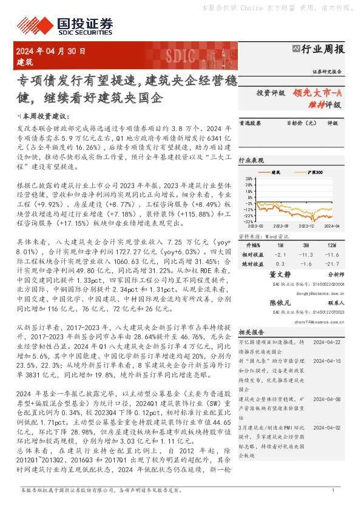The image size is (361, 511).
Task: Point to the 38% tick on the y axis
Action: (249, 179)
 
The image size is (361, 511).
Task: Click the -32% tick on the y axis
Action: (248, 222)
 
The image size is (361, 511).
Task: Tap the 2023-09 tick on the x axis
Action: (280, 226)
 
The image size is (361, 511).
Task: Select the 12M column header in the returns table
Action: (331, 245)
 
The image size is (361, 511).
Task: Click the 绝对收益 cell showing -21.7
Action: (331, 263)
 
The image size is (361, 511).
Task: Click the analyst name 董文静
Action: (280, 275)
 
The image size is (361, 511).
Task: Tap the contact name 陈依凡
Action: (280, 302)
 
